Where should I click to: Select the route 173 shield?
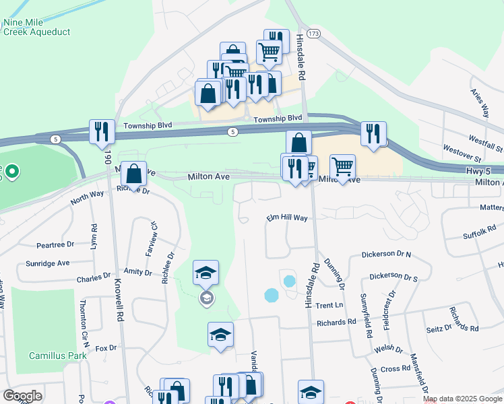click(312, 32)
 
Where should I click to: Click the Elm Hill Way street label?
click(286, 218)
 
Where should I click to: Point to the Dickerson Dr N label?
click(386, 254)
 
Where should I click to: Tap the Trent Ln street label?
click(329, 305)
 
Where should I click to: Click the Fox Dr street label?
click(106, 348)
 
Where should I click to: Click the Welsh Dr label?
click(391, 350)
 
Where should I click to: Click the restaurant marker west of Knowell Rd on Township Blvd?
click(102, 132)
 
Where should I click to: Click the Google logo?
click(22, 396)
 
